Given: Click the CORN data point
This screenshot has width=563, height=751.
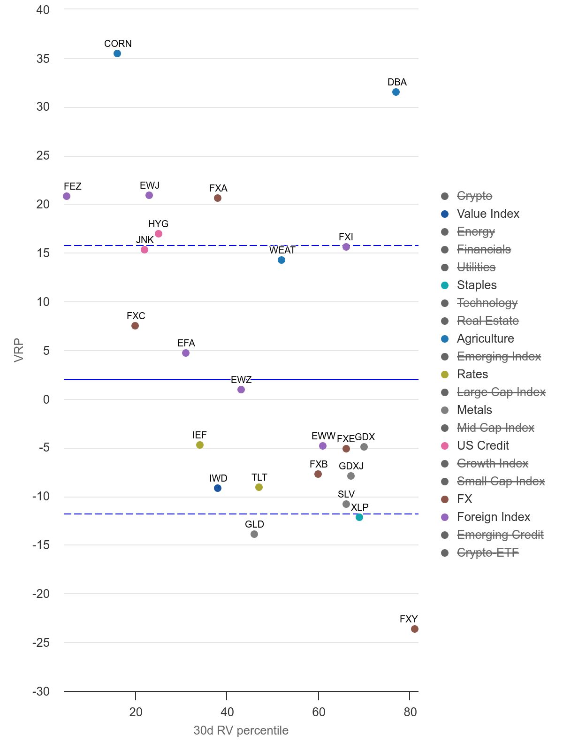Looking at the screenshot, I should point(117,54).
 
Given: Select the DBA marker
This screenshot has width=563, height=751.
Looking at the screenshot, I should point(396,92).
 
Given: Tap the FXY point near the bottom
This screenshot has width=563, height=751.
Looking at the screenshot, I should point(415,629).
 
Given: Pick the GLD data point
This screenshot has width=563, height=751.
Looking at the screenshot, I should point(254,534).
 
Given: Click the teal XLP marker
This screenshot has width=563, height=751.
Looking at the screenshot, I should point(359,517).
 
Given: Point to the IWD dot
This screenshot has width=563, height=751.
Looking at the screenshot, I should point(218,488).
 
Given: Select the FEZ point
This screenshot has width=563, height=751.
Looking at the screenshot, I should point(67,196).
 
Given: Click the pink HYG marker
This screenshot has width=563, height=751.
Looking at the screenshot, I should point(159,234).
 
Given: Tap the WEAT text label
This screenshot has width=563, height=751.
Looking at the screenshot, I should point(282,250).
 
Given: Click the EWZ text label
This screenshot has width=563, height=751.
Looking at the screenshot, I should point(241,380).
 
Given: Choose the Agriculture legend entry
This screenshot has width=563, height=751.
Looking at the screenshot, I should point(485,339).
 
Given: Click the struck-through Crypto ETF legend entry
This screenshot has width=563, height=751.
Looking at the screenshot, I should point(487,553).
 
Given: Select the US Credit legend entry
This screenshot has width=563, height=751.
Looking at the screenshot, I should point(482,446).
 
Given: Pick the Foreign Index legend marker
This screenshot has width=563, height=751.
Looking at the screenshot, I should point(445,517).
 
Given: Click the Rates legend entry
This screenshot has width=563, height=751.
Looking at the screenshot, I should point(472,375).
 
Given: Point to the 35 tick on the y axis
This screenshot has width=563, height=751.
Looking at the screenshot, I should point(43,59).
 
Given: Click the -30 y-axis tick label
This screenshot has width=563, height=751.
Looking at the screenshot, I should point(41,691).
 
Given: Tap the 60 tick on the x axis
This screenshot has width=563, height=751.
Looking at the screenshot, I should point(319,712).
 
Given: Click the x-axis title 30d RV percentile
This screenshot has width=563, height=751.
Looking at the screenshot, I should point(241,730).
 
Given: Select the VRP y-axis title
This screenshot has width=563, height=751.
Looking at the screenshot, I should point(19,350).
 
